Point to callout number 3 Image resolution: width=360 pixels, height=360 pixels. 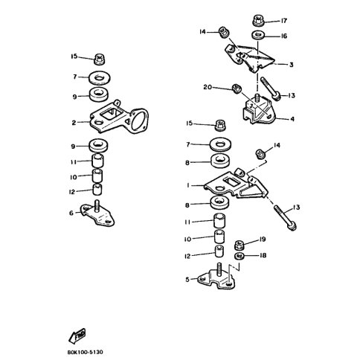[292, 65]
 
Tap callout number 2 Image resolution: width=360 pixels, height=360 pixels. [76, 123]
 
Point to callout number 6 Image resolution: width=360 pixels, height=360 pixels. [72, 213]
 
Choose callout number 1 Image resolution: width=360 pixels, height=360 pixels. [189, 184]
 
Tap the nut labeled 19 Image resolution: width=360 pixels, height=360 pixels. [240, 244]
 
